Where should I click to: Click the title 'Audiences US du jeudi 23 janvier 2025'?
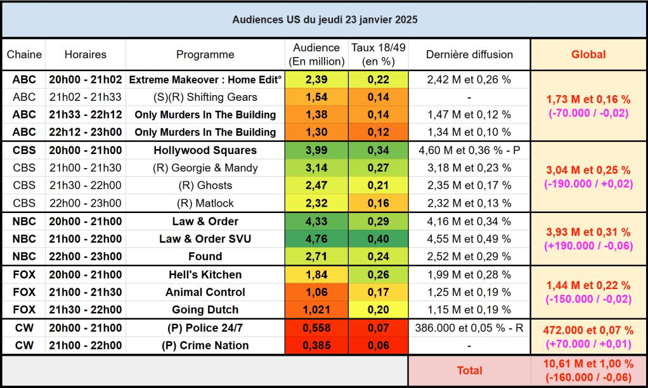pos(324,20)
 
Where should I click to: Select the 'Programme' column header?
pos(205,55)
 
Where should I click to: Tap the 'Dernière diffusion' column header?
pos(469,55)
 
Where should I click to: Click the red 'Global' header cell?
pos(588,55)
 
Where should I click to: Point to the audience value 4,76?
pos(316,239)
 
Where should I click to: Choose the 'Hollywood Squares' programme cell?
pos(205,151)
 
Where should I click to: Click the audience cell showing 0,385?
pos(316,346)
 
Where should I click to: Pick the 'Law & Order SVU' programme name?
pos(205,239)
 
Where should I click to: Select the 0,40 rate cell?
pos(378,239)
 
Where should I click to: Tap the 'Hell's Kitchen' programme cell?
pos(205,275)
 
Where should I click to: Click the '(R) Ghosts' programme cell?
pos(205,186)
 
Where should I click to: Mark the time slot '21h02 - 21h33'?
pos(86,97)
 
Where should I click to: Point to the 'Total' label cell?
pos(469,371)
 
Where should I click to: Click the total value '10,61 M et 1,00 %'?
pos(588,364)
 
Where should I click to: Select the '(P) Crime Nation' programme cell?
pos(205,346)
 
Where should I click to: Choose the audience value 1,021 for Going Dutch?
pos(316,310)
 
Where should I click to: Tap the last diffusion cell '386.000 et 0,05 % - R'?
pos(469,328)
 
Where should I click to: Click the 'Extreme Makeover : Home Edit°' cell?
pos(205,80)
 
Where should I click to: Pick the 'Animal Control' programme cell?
pos(205,292)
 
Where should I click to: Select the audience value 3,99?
pos(316,151)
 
